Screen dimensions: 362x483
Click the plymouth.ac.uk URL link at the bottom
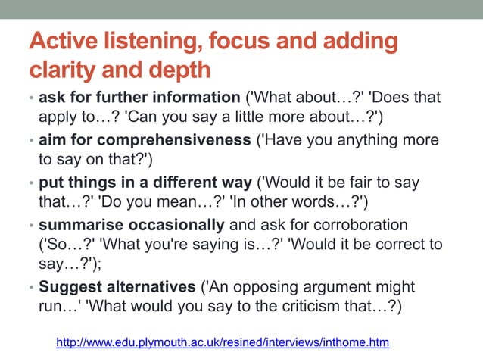[223, 343]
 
